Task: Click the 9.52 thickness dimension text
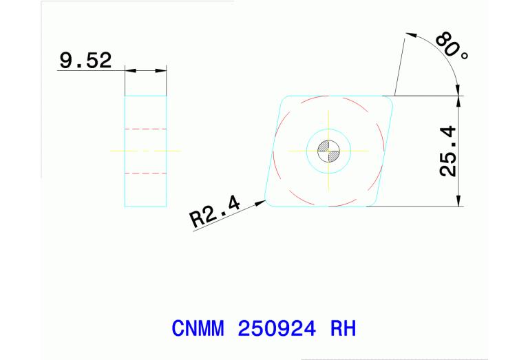[x=85, y=61]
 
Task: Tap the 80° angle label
[x=452, y=45]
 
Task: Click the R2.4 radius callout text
[x=214, y=211]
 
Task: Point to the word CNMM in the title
[x=198, y=328]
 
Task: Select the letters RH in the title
[x=343, y=328]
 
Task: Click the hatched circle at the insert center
[x=328, y=151]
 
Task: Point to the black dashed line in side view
[x=145, y=129]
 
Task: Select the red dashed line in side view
[x=145, y=172]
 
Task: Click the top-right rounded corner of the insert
[x=389, y=100]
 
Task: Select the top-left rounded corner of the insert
[x=284, y=100]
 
